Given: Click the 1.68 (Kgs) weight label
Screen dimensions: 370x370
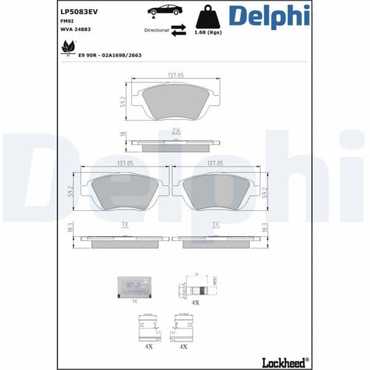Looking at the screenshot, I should click(x=208, y=32).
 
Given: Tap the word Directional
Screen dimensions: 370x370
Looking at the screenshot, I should click(x=157, y=30).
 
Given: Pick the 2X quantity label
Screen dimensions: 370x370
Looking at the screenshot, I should click(x=176, y=131).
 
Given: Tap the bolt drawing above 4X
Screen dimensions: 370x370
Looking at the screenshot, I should click(x=195, y=288).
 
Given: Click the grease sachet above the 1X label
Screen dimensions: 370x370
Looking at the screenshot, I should click(x=134, y=287).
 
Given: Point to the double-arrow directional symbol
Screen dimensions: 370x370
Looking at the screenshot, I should click(x=179, y=30).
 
